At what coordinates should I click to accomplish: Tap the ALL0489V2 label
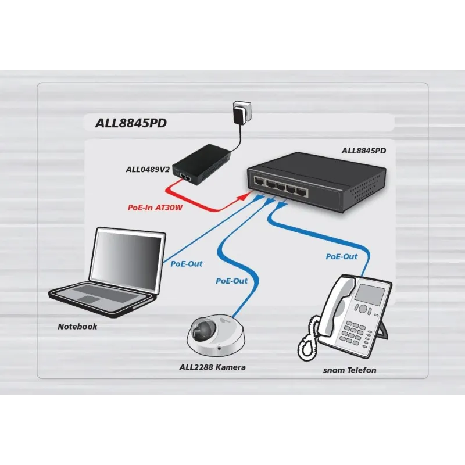click(148, 170)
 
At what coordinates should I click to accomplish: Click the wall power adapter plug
click(239, 113)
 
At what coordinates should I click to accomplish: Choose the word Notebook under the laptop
click(77, 327)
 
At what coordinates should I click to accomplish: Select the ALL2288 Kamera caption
click(213, 367)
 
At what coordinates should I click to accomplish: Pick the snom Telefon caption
click(350, 370)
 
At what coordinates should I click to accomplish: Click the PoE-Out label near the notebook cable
click(186, 263)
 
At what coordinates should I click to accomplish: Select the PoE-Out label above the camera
click(231, 281)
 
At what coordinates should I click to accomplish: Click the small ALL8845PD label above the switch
click(364, 151)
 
